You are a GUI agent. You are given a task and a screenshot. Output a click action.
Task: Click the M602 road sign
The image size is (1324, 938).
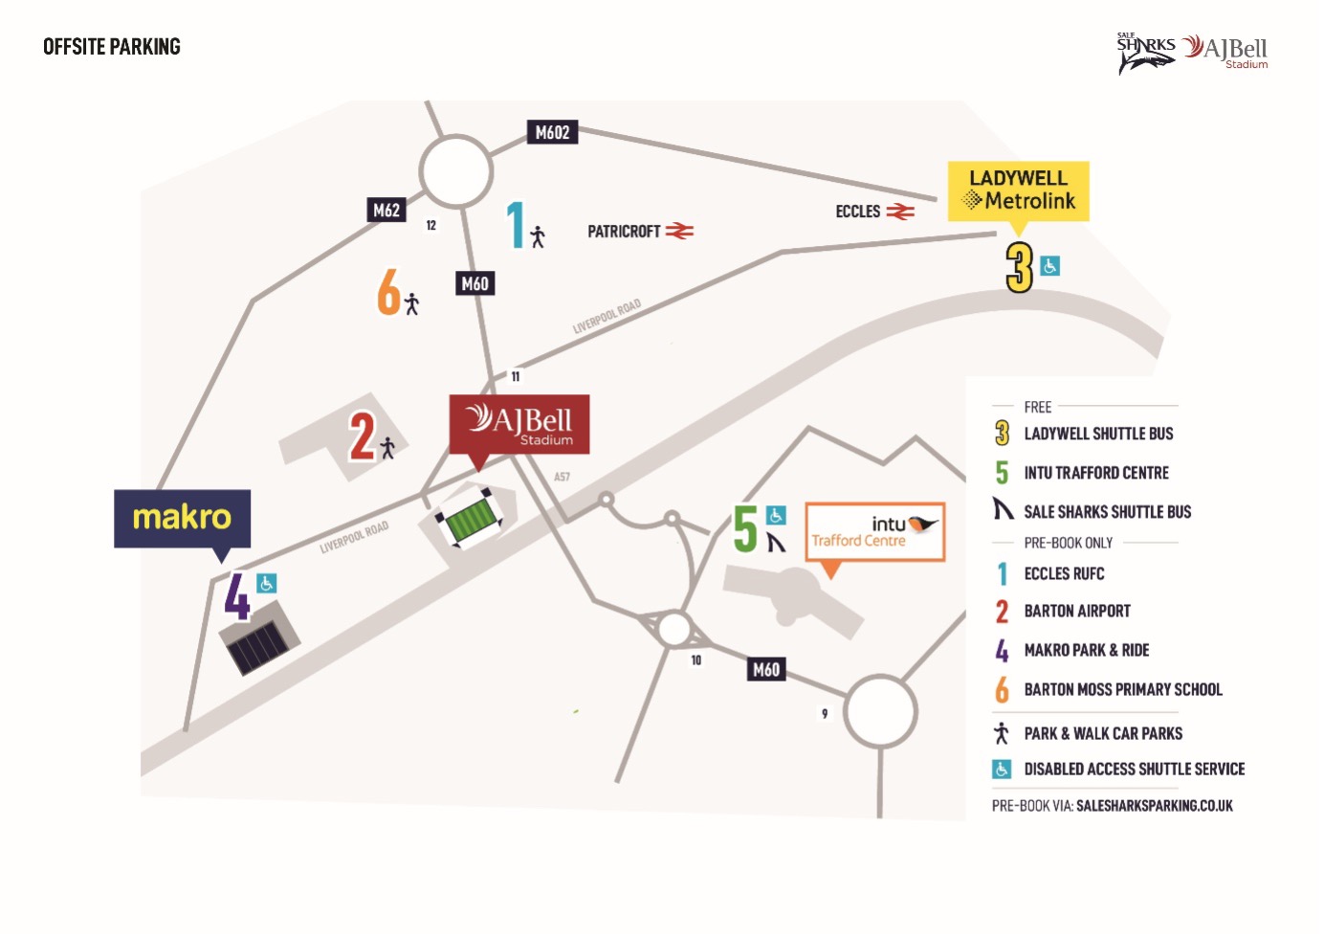(x=552, y=132)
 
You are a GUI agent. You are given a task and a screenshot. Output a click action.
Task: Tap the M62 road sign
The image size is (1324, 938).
(x=386, y=210)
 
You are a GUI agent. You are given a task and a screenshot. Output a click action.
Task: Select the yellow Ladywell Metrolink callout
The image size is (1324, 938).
(x=1019, y=191)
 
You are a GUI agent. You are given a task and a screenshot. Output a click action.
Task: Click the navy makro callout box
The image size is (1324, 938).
(x=182, y=519)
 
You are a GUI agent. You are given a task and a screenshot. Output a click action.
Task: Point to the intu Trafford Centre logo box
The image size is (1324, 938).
(x=874, y=531)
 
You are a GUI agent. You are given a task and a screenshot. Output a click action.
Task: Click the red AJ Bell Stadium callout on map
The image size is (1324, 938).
(x=519, y=424)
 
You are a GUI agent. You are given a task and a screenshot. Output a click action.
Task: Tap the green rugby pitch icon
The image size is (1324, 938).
(x=470, y=519)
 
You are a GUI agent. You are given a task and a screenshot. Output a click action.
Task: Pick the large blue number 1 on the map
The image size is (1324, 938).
(x=516, y=225)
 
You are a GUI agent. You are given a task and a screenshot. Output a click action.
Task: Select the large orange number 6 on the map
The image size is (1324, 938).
(x=389, y=291)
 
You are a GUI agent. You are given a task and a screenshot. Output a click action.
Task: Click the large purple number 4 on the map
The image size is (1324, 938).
(x=237, y=596)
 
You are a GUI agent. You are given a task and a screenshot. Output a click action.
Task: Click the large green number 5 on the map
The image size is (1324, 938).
(x=744, y=528)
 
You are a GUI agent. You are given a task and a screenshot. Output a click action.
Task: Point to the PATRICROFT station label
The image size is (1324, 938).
(x=624, y=232)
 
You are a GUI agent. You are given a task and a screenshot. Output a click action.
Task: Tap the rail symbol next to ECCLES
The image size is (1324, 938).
(x=900, y=212)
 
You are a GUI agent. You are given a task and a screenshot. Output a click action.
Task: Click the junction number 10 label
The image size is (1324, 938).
(x=696, y=660)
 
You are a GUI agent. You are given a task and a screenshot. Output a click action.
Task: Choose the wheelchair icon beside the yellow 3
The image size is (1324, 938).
(x=1049, y=266)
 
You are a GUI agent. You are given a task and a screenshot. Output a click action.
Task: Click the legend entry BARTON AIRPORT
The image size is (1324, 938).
(x=1077, y=611)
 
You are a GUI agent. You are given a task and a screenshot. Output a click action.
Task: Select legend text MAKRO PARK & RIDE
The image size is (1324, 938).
(x=1087, y=650)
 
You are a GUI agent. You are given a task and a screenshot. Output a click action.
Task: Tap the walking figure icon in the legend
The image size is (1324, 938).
(x=1002, y=733)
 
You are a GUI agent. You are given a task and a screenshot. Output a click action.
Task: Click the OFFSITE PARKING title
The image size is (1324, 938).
(x=112, y=47)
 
